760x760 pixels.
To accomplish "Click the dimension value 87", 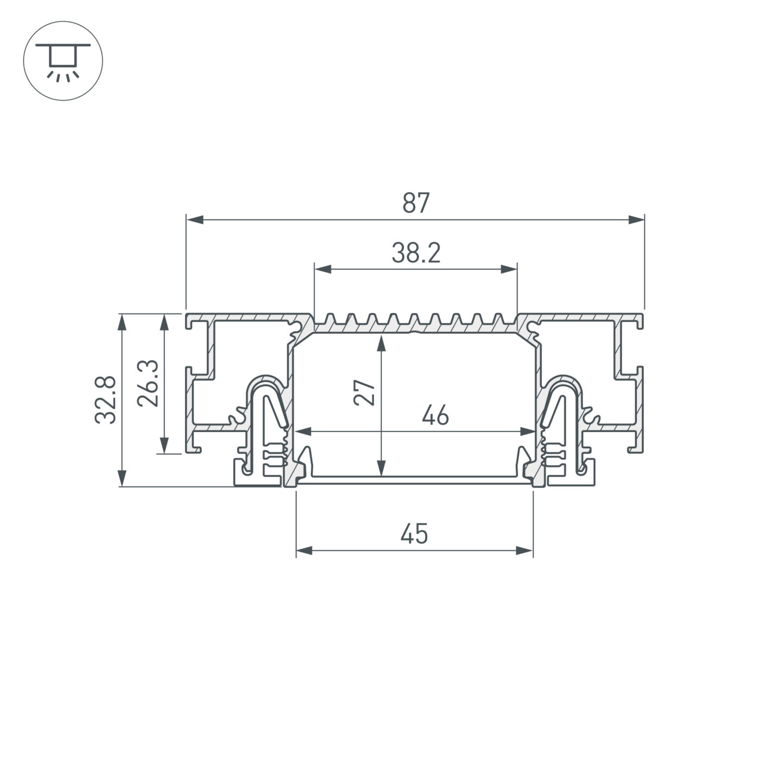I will coord(416,203).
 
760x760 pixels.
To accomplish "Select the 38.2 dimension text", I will coord(416,253).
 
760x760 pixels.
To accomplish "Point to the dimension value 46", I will coord(435,416).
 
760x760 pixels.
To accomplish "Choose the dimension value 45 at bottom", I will coord(414,534).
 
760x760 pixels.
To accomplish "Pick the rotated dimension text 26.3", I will coord(147,383).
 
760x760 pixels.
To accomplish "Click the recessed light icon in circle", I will coord(63,60).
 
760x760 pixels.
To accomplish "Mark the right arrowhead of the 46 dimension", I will coord(528,432).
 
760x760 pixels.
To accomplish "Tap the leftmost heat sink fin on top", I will coord(329,320).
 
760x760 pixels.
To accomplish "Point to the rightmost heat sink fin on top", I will coord(499,320).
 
